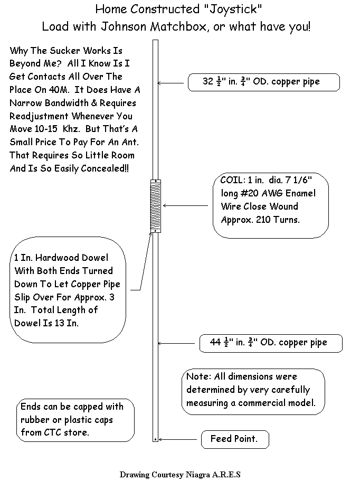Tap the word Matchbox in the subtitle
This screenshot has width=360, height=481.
click(x=178, y=27)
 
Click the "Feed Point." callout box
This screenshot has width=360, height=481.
click(x=235, y=439)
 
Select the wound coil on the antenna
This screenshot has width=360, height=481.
click(x=156, y=205)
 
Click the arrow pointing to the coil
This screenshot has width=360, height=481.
click(x=185, y=205)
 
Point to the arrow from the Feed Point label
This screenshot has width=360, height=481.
click(x=177, y=440)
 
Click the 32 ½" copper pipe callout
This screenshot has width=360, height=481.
click(x=264, y=82)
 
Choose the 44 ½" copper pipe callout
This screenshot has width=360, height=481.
click(x=271, y=343)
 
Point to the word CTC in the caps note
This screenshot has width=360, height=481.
click(x=53, y=432)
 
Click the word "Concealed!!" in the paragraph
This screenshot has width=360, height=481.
click(x=105, y=168)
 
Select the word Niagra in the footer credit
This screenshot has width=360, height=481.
click(x=197, y=475)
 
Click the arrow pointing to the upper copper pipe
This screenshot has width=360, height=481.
click(x=170, y=83)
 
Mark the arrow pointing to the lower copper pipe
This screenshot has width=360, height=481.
click(x=176, y=343)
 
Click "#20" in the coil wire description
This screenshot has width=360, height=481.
click(x=249, y=193)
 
